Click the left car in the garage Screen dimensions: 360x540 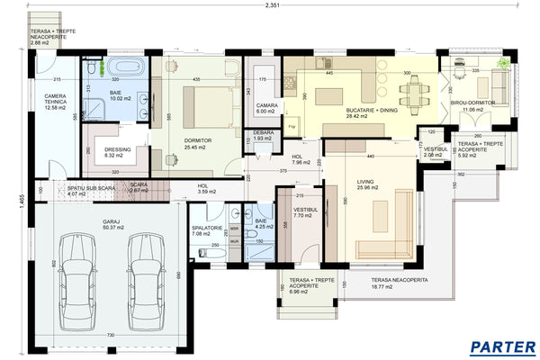point(75,281)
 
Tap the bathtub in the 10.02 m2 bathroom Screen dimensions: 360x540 point(123,67)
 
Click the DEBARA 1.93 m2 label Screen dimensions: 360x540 point(263,135)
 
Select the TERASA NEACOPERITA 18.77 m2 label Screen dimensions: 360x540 point(399,283)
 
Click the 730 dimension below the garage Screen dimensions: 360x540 point(111,336)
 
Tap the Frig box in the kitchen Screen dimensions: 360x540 point(292,127)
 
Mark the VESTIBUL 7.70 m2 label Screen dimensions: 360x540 point(300,213)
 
